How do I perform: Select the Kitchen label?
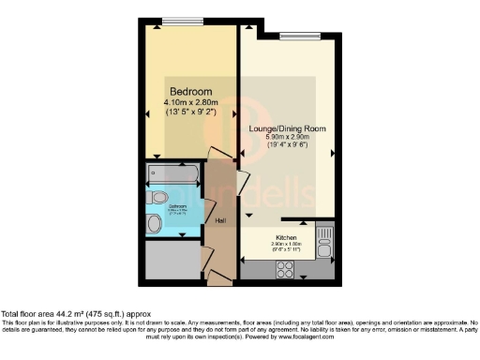coord(286,237)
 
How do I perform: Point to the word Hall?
coord(221,221)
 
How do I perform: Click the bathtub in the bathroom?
coord(174,173)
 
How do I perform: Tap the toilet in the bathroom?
coord(157,198)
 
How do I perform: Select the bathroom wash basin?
coord(156,223)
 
